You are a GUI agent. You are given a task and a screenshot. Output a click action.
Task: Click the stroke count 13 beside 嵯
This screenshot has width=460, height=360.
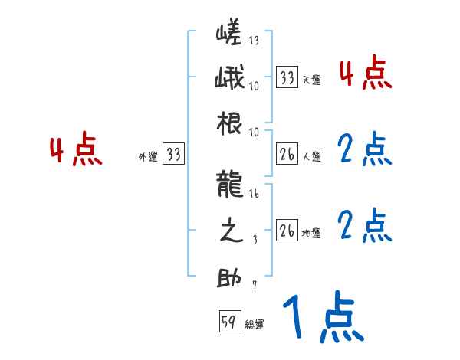point(254,41)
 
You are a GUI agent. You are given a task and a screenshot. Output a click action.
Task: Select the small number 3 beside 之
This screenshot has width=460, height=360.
point(255,240)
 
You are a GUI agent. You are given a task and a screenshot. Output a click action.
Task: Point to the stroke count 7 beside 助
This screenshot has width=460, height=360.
point(255,286)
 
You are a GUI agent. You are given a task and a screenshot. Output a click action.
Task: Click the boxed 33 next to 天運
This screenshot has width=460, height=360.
point(287,77)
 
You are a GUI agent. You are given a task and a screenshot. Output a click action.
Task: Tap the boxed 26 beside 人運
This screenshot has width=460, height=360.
point(287,155)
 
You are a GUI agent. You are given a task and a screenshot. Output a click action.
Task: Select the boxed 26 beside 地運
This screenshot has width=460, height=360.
point(287,231)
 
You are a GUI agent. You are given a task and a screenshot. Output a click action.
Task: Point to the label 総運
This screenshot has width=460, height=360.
point(255,325)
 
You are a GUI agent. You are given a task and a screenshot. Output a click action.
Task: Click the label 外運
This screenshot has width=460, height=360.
point(148,157)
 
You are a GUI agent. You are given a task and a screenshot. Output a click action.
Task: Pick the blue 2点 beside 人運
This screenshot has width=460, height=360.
point(363,150)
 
